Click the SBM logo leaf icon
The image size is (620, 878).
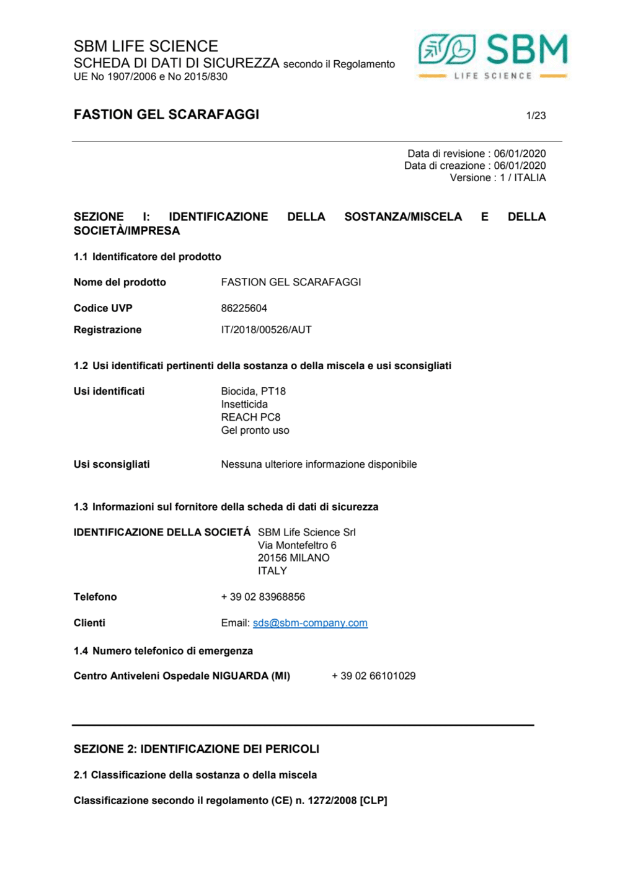[447, 50]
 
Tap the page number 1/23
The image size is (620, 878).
[536, 115]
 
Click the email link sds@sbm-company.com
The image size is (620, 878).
[310, 623]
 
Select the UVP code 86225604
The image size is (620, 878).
[244, 308]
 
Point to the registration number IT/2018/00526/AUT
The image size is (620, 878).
[266, 330]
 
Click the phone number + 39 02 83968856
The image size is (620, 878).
[263, 597]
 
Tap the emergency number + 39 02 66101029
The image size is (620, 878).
[373, 676]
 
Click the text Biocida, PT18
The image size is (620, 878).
[253, 392]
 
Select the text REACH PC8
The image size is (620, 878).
[250, 418]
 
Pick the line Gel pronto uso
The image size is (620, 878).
[255, 431]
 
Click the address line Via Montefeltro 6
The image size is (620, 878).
[297, 545]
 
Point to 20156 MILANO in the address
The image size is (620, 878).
[293, 558]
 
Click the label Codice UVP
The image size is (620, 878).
[103, 308]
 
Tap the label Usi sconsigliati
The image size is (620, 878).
[112, 464]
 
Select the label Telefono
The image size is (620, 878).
[95, 597]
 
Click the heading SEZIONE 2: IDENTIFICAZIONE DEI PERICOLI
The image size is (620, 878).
[197, 749]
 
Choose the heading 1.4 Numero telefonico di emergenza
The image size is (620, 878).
[163, 651]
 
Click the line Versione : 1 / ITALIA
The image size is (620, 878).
[498, 177]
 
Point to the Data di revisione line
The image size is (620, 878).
[476, 154]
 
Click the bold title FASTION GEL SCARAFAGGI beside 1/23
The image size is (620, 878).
[166, 115]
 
